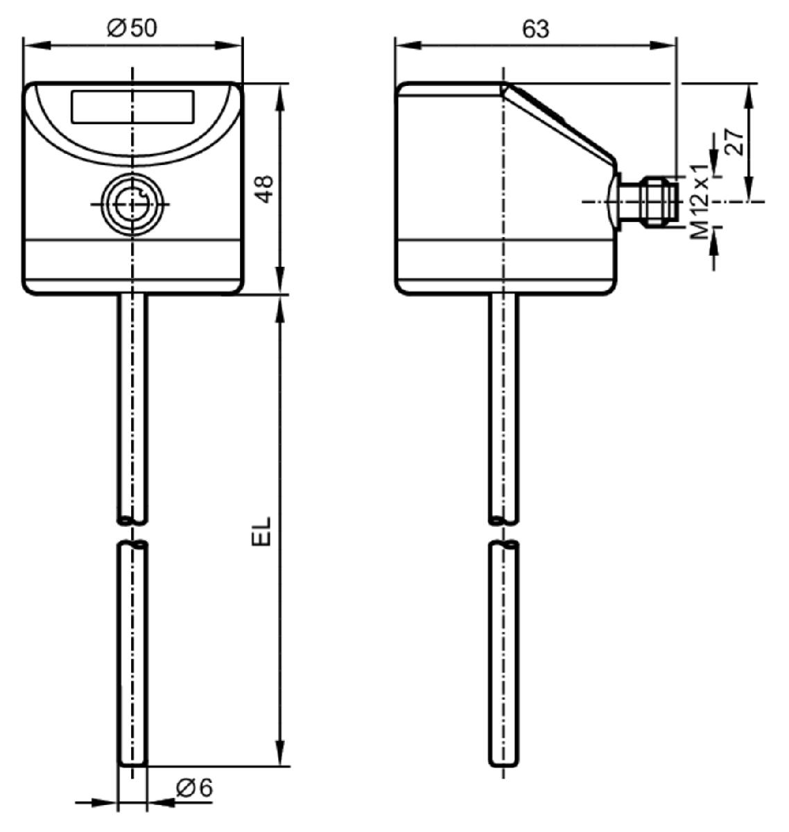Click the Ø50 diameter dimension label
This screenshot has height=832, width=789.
point(132,28)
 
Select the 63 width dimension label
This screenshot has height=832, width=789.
point(535,29)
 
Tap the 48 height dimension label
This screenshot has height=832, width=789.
point(266,189)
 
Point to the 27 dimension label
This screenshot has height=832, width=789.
point(734,143)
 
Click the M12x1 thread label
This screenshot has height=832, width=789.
point(700,202)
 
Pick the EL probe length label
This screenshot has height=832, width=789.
point(261,531)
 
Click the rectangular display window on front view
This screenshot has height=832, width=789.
point(133,107)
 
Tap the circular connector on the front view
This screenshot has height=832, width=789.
point(132,204)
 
